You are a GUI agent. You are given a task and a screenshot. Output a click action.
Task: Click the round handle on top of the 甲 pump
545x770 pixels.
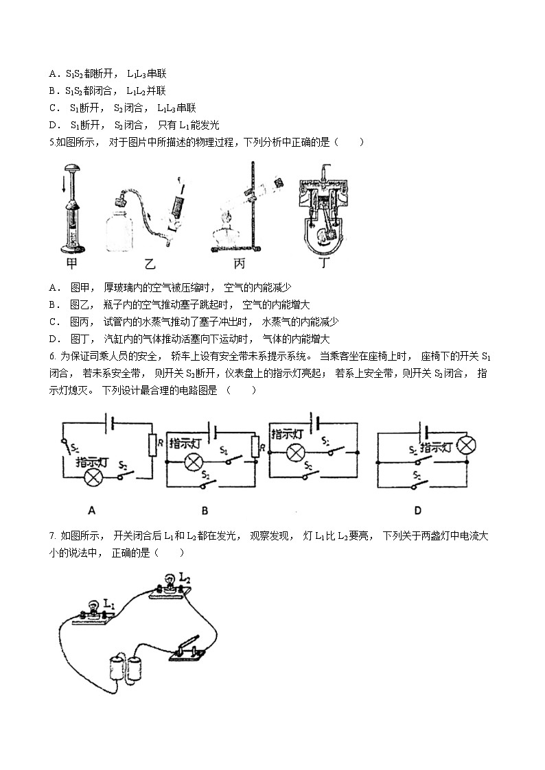pyautogui.click(x=71, y=168)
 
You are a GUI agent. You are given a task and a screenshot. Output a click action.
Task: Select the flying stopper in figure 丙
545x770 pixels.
pyautogui.click(x=279, y=184)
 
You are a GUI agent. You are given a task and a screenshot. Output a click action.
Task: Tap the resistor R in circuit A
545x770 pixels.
pyautogui.click(x=152, y=446)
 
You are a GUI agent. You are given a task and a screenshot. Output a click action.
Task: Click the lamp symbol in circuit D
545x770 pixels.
pyautogui.click(x=466, y=446)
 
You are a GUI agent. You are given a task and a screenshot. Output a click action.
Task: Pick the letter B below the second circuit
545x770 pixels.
pyautogui.click(x=204, y=509)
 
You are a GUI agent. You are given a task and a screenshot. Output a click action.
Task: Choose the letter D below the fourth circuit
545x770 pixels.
pyautogui.click(x=417, y=509)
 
